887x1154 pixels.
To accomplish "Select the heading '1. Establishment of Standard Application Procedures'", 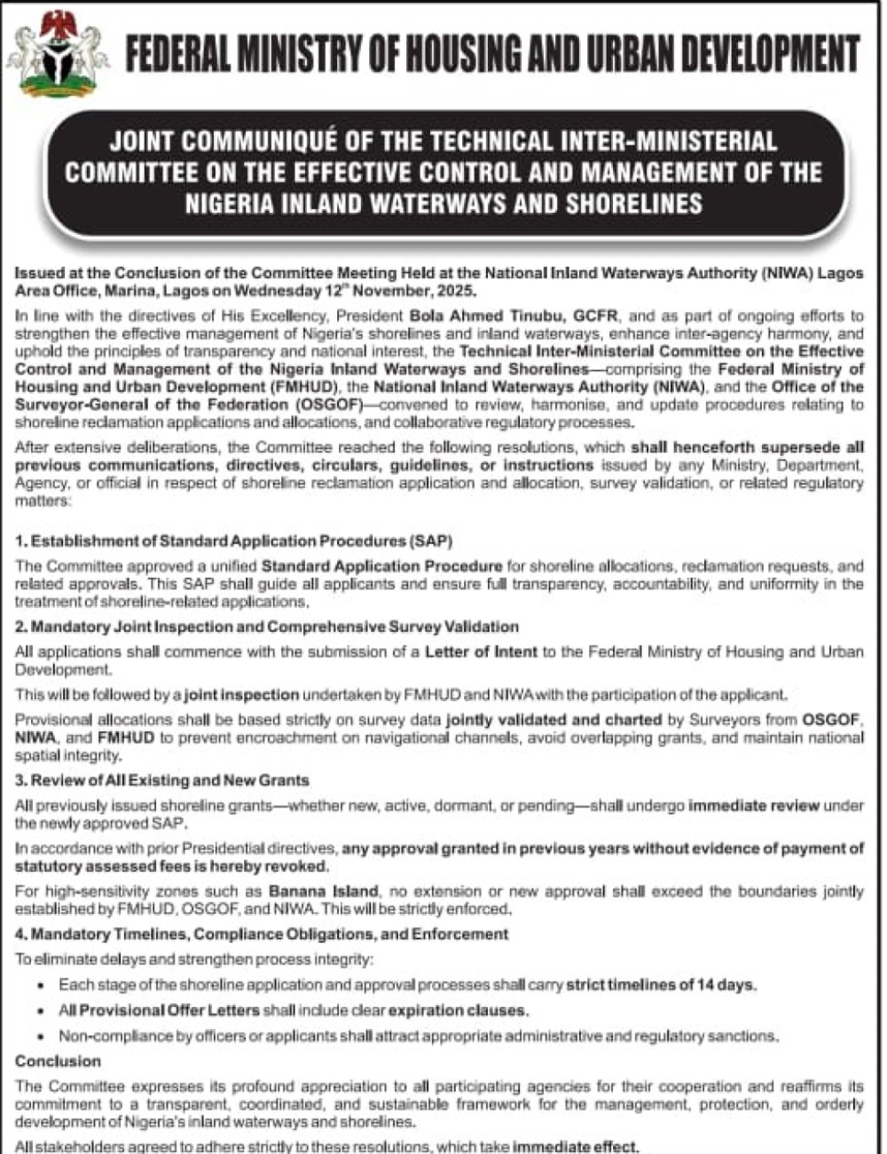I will click(234, 541).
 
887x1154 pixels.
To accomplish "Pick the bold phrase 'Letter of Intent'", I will click(481, 652).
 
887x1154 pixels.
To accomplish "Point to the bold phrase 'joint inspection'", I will click(242, 694).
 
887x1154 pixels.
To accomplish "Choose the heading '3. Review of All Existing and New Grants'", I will click(162, 781).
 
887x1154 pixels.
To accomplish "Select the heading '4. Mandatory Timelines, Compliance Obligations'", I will click(262, 934).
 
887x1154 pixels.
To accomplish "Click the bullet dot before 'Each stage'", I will click(41, 986).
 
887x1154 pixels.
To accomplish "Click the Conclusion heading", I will click(58, 1061).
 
